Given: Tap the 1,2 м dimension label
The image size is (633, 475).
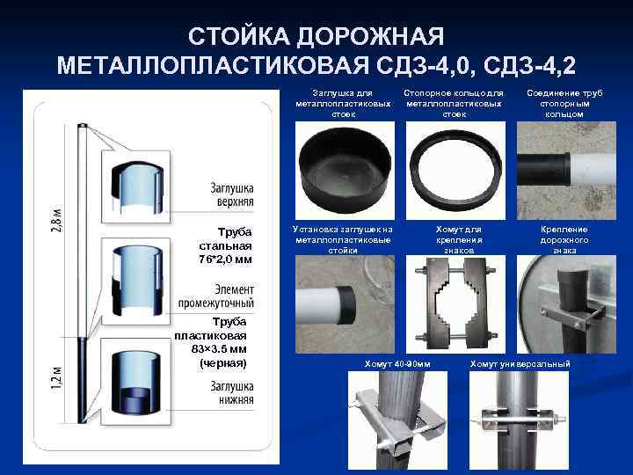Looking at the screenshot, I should tap(57, 376).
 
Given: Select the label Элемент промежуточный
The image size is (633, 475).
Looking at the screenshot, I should tap(216, 296).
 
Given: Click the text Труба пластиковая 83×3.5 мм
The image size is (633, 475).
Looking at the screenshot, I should tap(210, 342).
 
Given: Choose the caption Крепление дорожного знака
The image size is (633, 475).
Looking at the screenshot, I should tap(564, 239).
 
